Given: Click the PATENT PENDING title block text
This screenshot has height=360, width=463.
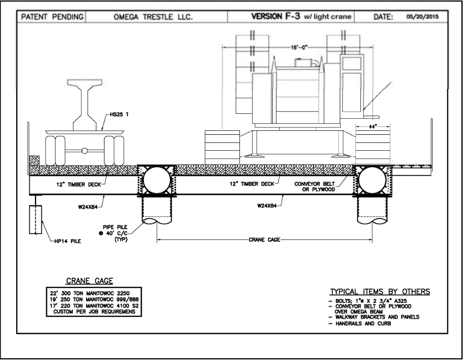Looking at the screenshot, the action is coord(52,17).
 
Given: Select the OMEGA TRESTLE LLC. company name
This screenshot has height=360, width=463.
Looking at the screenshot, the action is coord(153,17).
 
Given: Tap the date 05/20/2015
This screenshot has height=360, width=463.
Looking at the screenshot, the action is coord(422,17).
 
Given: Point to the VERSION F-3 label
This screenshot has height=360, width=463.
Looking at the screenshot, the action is coord(276,16).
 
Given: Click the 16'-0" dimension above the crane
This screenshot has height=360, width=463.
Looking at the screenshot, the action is coord(299,48).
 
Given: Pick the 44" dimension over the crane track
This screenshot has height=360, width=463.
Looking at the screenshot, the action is coord(373,126).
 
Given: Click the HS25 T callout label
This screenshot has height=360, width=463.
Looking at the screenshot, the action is coord(119,114).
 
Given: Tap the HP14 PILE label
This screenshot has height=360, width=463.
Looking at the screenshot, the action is coord(68,241).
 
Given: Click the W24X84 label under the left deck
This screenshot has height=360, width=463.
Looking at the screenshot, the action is coord(88,207).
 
